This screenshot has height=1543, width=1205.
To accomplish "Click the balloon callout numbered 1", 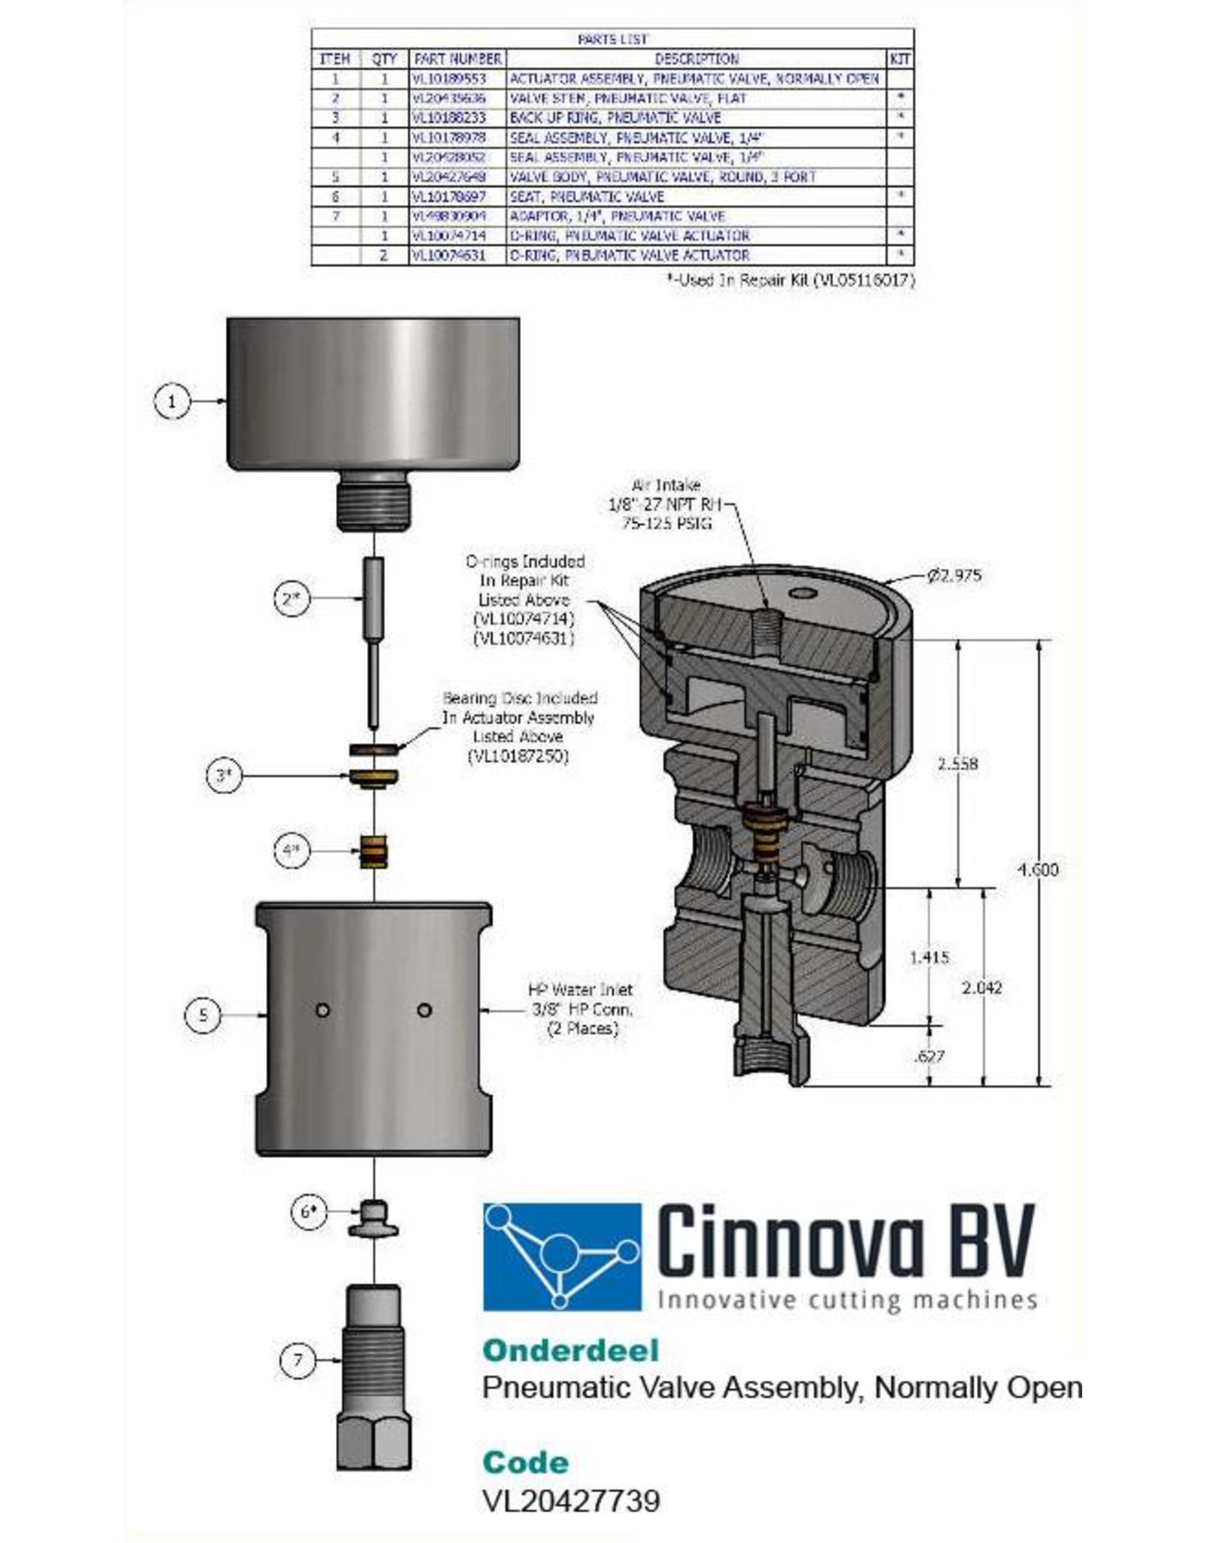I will coord(172,401).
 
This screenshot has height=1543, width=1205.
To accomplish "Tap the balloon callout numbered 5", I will coord(203,1015).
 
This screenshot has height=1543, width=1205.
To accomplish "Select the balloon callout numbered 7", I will coord(297,1360).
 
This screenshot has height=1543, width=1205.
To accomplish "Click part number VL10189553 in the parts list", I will coord(450,78).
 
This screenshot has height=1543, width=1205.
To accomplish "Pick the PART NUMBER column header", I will coord(457,59).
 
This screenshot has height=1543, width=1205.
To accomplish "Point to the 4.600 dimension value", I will coord(1038,869).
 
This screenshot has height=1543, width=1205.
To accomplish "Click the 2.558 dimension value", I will coord(957,763).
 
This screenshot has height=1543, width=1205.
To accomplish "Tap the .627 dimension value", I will coord(929,1056).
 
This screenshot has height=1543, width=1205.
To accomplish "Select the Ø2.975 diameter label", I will coord(953,576).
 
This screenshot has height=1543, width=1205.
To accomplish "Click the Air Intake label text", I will coord(666,485).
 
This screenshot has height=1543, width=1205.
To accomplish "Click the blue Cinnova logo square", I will coord(562,1256).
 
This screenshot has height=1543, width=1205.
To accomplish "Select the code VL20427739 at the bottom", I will coord(571,1500).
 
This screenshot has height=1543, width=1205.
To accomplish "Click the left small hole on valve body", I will coord(323,1010).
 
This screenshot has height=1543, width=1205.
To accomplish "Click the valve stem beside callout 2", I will coord(374,640).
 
